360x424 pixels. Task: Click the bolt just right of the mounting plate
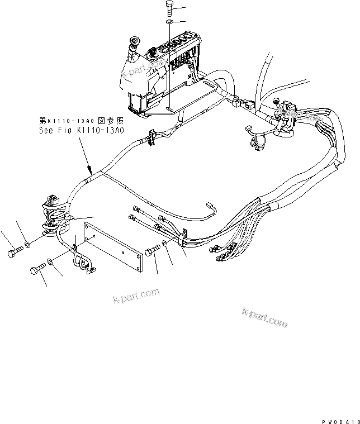coord(151,253)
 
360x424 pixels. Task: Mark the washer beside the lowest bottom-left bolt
coord(50,261)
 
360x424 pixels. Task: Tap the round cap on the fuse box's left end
coord(134,41)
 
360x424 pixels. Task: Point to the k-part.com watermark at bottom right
coord(264,317)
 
